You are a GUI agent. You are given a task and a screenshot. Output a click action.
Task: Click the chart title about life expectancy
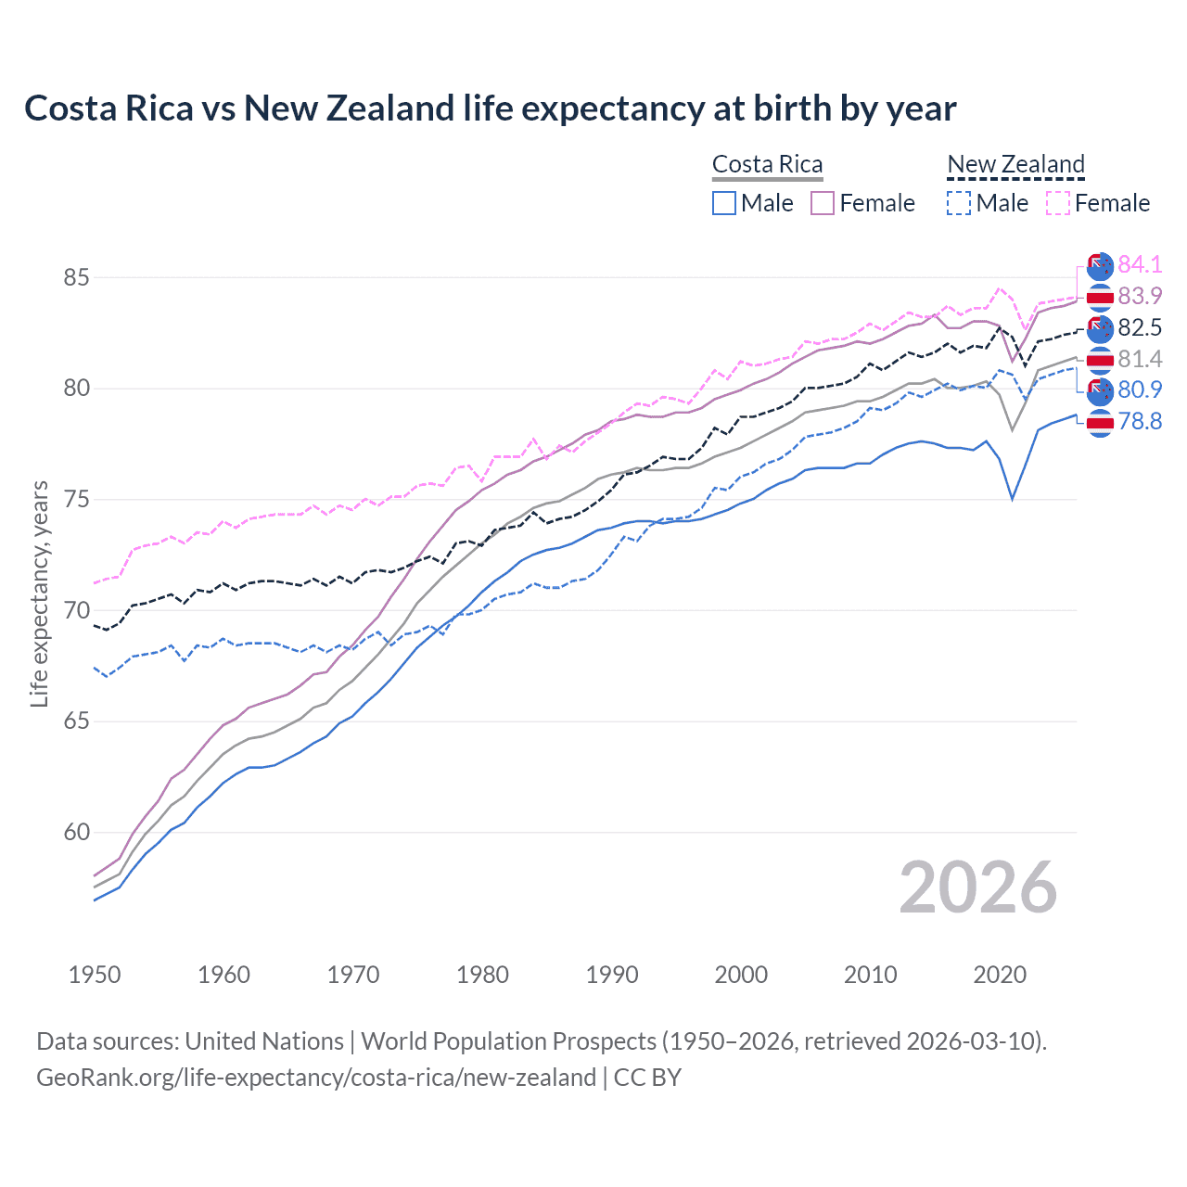pyautogui.click(x=490, y=108)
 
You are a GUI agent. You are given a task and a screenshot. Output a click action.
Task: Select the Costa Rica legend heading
pyautogui.click(x=767, y=165)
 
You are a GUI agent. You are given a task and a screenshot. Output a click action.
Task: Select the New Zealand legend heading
pyautogui.click(x=1015, y=165)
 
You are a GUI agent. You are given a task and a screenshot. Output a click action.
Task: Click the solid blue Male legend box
pyautogui.click(x=724, y=203)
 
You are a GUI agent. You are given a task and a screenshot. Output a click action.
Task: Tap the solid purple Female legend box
pyautogui.click(x=823, y=203)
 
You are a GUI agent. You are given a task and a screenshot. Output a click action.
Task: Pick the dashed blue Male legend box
pyautogui.click(x=959, y=203)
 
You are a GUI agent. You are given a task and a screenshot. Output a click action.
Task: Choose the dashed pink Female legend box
pyautogui.click(x=1058, y=203)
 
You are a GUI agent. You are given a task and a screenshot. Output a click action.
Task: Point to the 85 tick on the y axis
pyautogui.click(x=77, y=277)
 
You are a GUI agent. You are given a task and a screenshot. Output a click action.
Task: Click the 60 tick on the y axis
pyautogui.click(x=77, y=833)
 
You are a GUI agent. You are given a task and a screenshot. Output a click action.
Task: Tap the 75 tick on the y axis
pyautogui.click(x=77, y=500)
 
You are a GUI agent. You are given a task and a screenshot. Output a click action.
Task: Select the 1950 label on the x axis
pyautogui.click(x=95, y=975)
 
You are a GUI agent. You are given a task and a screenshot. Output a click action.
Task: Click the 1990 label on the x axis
pyautogui.click(x=612, y=975)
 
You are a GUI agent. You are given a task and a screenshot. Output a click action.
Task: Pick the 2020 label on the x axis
pyautogui.click(x=1000, y=975)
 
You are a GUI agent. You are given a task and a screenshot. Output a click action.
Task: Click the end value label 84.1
pyautogui.click(x=1140, y=265)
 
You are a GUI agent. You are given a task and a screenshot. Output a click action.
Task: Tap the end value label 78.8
pyautogui.click(x=1140, y=422)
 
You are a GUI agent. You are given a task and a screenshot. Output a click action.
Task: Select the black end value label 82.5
pyautogui.click(x=1140, y=327)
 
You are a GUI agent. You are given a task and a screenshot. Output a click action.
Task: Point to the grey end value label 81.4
pyautogui.click(x=1140, y=359)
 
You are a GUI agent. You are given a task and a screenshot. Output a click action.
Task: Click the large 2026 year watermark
pyautogui.click(x=977, y=887)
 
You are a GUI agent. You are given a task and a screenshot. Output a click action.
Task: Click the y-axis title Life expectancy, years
pyautogui.click(x=39, y=593)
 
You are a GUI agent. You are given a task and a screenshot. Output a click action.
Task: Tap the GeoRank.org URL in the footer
pyautogui.click(x=315, y=1078)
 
